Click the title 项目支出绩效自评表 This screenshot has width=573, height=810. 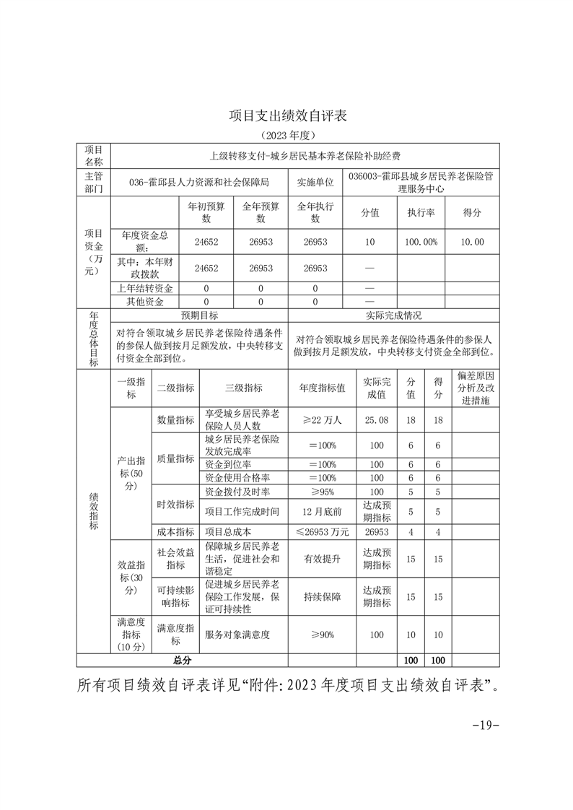[287, 116]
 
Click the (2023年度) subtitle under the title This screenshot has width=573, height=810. [286, 135]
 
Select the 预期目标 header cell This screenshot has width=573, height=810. [198, 315]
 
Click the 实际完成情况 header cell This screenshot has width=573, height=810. [393, 315]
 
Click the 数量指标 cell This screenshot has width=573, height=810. [175, 419]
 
